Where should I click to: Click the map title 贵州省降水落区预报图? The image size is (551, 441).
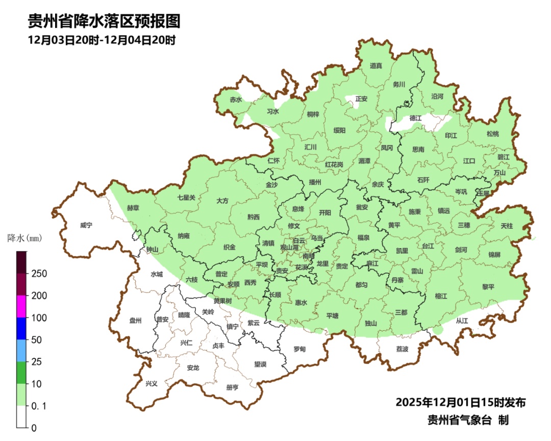coord(104,21)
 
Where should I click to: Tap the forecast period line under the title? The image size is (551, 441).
coord(102,40)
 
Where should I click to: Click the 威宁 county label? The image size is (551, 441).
coord(86,225)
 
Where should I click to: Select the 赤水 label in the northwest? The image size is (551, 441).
coord(236,100)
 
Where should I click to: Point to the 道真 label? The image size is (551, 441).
coord(376,65)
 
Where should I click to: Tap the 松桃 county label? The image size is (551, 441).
coord(492,134)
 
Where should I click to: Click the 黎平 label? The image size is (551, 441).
coord(488,287)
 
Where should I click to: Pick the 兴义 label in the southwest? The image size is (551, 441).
coord(152,383)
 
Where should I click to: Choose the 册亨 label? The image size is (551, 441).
coord(232,387)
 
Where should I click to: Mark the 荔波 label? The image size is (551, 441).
coord(402,349)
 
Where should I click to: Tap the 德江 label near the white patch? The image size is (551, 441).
coord(416,118)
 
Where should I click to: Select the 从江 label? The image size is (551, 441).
coord(462,321)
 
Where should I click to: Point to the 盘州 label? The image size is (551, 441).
coord(135,321)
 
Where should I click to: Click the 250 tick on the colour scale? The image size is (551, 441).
coord(39,274)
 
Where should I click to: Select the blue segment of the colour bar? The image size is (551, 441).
coord(21,328)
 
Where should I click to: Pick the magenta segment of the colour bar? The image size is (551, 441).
coord(21,306)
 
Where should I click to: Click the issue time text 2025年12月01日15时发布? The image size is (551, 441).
coord(460,402)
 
